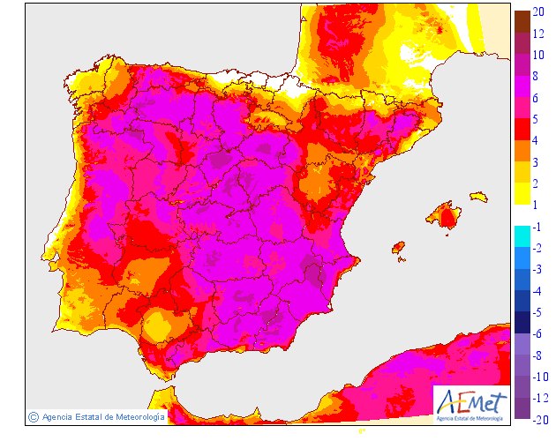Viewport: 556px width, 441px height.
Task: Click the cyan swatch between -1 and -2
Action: click(522, 235)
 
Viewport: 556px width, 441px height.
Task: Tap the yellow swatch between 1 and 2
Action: click(522, 193)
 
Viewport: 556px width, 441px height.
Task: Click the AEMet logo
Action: click(472, 402)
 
